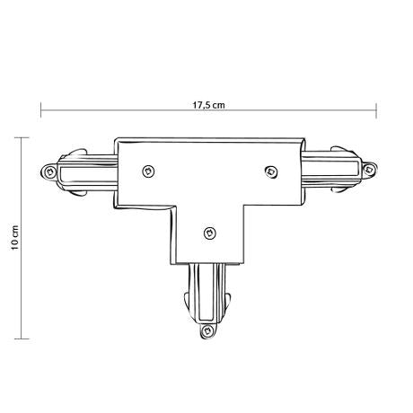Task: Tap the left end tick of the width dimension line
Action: (40, 111)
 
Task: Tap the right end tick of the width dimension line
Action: (375, 111)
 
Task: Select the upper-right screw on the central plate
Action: (268, 169)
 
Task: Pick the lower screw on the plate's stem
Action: (208, 233)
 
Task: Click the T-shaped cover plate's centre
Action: (209, 189)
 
